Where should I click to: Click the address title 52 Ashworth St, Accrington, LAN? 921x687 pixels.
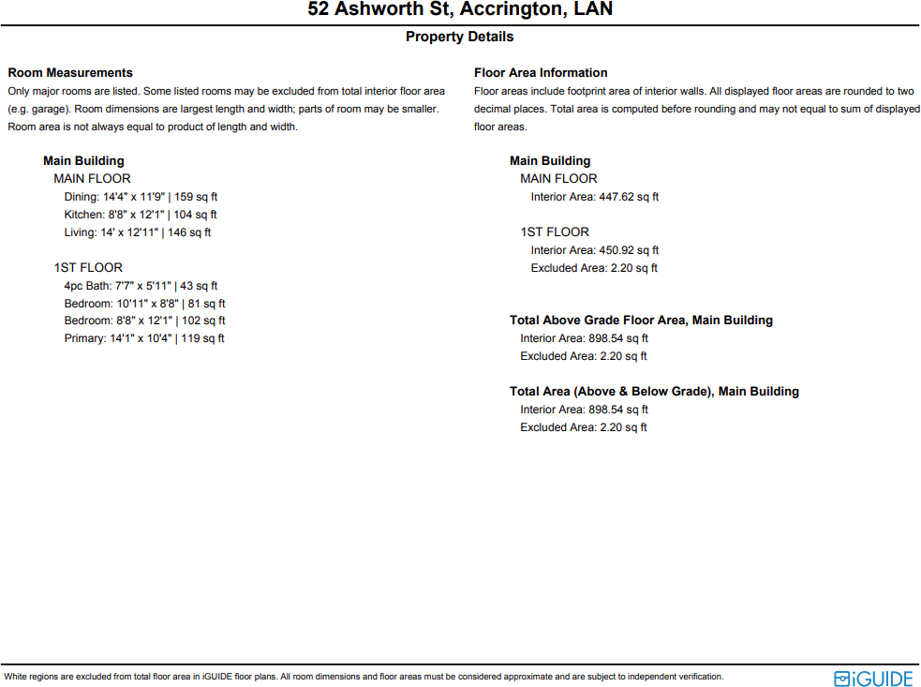coord(460,10)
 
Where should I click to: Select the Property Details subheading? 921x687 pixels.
coord(460,37)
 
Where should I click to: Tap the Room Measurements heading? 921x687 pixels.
coord(70,72)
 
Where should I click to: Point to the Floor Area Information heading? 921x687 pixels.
coord(541,72)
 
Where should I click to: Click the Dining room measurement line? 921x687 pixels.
coord(141,197)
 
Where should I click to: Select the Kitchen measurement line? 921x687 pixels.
coord(141,215)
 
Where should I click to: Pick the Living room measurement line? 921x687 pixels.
coord(138,232)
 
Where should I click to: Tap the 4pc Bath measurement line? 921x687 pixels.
coord(141,286)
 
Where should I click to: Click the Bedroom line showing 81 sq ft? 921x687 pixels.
coord(144,304)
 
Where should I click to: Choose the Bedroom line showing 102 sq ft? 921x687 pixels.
coord(144,321)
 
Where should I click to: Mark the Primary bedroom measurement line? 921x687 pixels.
coord(144,338)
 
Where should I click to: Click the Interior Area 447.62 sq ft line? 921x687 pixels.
coord(595,197)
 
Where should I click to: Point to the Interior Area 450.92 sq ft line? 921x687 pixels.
coord(595,250)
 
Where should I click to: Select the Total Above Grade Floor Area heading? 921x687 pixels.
coord(641,321)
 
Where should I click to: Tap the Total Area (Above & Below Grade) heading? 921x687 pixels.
coord(654,392)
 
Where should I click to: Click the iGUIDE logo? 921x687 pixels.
coord(873,678)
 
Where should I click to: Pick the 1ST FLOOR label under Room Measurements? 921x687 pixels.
coord(88,268)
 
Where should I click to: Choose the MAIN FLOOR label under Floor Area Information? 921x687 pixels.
coord(558,179)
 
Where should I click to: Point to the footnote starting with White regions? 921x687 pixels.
coord(364,677)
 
